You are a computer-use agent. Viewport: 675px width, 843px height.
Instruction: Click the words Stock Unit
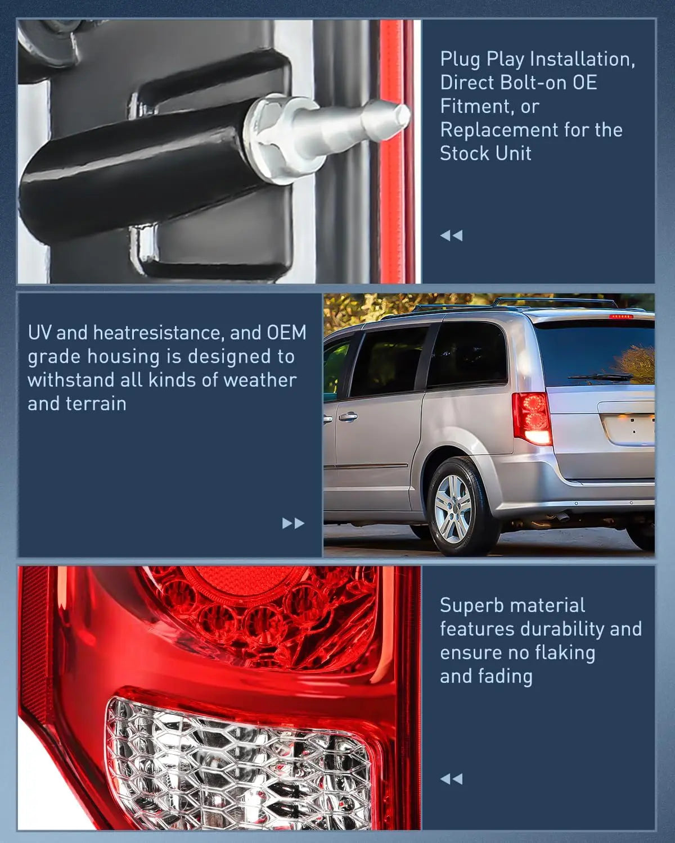tap(485, 153)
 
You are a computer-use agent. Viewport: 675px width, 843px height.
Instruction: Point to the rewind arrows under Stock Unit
tap(451, 235)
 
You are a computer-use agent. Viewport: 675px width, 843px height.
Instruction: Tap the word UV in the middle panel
tap(39, 333)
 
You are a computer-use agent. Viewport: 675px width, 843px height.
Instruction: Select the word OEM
tap(286, 333)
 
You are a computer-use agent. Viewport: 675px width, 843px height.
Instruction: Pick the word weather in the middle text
tap(259, 380)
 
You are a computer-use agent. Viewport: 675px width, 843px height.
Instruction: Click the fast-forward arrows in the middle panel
tap(293, 523)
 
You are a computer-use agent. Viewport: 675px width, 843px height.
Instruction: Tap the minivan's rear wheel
tap(454, 508)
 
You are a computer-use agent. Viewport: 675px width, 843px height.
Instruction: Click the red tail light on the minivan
tap(531, 418)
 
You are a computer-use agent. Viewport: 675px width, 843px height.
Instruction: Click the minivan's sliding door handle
tap(347, 417)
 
